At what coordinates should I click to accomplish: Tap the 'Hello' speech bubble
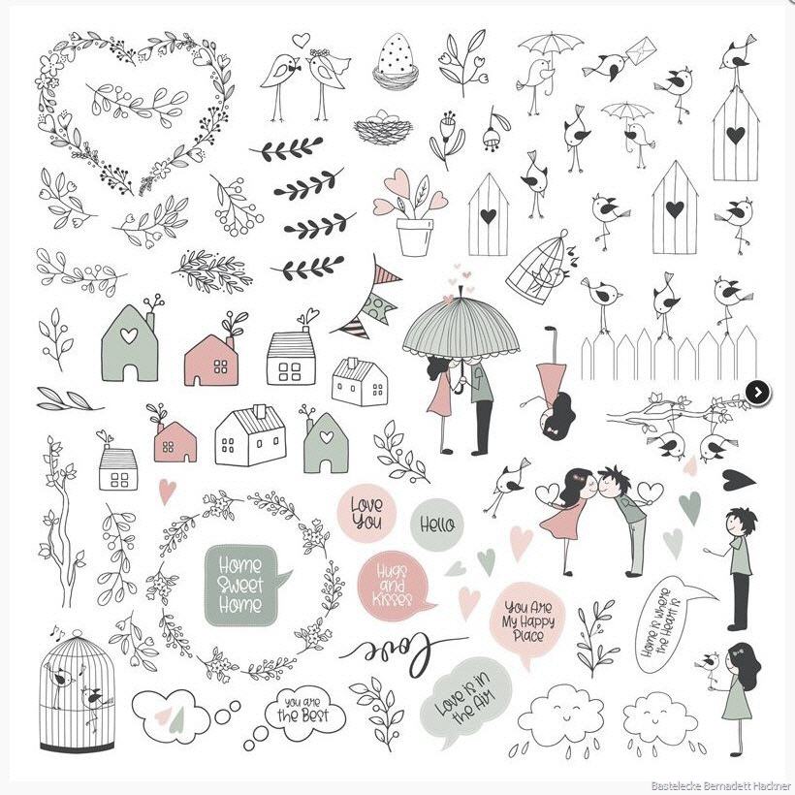coord(437,525)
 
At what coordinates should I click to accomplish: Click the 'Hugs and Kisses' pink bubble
coord(393,585)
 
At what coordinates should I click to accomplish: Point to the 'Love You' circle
coord(366,513)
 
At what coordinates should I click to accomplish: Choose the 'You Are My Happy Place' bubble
coord(527,622)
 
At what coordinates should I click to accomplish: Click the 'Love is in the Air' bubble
coord(462,700)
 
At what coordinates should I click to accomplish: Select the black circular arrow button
coord(757,392)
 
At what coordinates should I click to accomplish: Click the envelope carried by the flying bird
coord(641,51)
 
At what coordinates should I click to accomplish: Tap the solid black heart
coord(738,480)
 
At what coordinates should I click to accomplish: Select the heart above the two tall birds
coord(302,40)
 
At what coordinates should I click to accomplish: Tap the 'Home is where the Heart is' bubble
coord(668,624)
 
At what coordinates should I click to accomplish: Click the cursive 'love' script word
coord(400,652)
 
